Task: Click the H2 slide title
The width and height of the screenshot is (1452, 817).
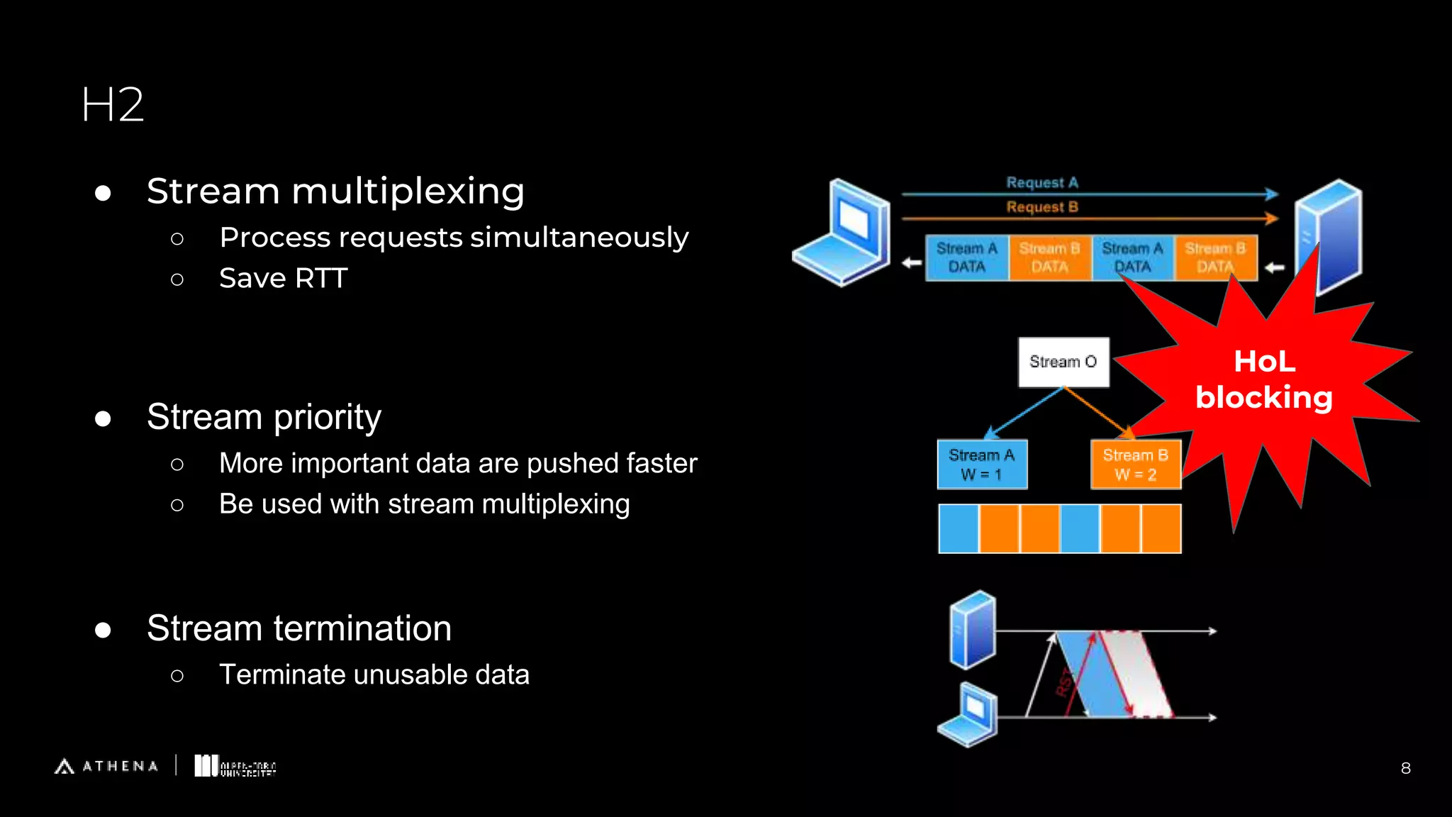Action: point(113,105)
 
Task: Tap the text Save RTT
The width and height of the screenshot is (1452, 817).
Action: point(283,278)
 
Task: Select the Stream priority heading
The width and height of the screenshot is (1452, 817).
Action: point(264,416)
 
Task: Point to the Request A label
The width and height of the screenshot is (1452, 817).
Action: point(1041,182)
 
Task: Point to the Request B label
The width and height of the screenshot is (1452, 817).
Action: point(1041,207)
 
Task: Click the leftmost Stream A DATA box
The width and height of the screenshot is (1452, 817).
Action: point(966,258)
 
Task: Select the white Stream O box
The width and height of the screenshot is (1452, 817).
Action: point(1063,362)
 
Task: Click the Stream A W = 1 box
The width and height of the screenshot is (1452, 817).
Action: point(981,465)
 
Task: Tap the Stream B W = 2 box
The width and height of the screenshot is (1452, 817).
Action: point(1135,465)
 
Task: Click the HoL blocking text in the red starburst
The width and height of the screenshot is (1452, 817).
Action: point(1264,379)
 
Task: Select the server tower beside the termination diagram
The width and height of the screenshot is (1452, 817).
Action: point(973,630)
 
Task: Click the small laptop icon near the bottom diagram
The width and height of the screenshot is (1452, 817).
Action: point(968,715)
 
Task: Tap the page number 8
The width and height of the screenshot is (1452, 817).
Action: point(1405,768)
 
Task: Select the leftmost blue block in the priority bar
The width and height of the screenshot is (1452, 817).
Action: point(959,529)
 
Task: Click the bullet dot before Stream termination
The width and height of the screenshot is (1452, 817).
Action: point(103,630)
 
